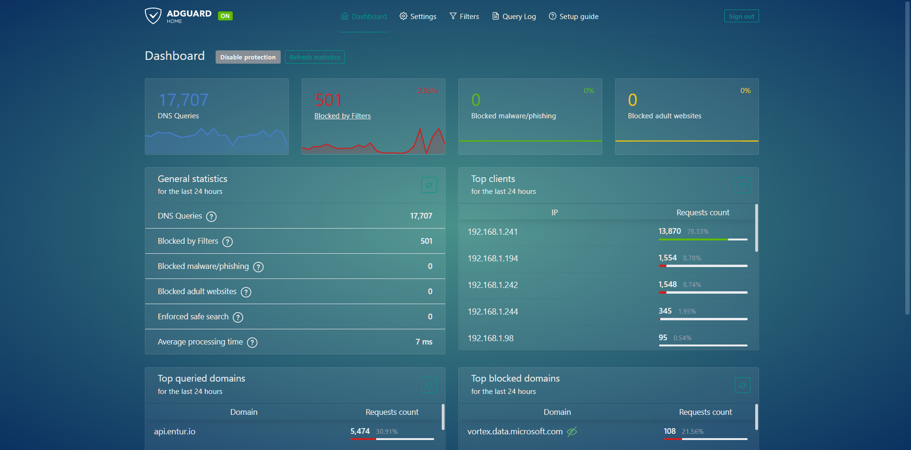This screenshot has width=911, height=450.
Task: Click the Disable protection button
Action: pyautogui.click(x=247, y=57)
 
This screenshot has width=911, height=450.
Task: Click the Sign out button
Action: pyautogui.click(x=741, y=16)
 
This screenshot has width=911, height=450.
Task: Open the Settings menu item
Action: pyautogui.click(x=418, y=16)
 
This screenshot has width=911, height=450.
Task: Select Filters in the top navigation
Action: pyautogui.click(x=464, y=16)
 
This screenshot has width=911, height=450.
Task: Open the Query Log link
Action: pyautogui.click(x=514, y=16)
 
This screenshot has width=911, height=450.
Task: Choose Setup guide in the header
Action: pyautogui.click(x=573, y=16)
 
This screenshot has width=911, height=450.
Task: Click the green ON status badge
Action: pyautogui.click(x=225, y=16)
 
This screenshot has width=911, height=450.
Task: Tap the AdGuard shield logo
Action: pyautogui.click(x=153, y=16)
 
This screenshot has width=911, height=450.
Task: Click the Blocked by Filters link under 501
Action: pyautogui.click(x=342, y=116)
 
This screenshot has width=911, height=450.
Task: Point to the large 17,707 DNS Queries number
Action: pyautogui.click(x=183, y=100)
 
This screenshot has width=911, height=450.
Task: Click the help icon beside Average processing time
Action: pyautogui.click(x=252, y=342)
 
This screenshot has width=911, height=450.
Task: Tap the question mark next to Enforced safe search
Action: pyautogui.click(x=238, y=317)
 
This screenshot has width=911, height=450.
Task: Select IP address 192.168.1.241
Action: pyautogui.click(x=493, y=232)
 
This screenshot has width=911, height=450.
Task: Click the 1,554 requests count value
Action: pyautogui.click(x=667, y=258)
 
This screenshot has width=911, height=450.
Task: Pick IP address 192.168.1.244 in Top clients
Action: pyautogui.click(x=493, y=312)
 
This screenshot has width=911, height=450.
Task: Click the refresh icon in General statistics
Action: pyautogui.click(x=429, y=185)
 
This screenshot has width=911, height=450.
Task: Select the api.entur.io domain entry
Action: pyautogui.click(x=175, y=431)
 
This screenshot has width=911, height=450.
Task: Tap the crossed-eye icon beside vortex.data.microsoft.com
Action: pyautogui.click(x=572, y=431)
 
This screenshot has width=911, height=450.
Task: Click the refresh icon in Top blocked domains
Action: pyautogui.click(x=742, y=385)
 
